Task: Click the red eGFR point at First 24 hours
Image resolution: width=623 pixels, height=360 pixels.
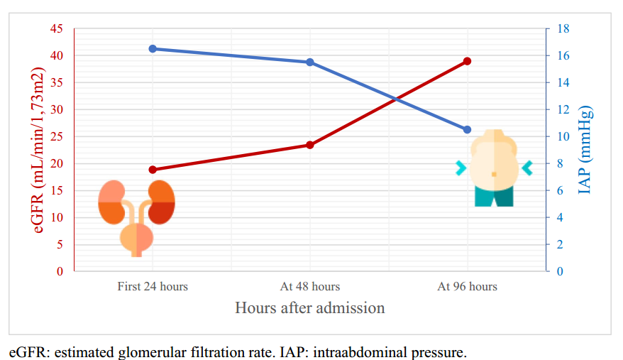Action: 153,170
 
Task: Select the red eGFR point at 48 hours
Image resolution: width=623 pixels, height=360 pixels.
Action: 310,145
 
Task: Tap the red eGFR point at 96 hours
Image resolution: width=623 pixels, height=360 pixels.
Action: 467,61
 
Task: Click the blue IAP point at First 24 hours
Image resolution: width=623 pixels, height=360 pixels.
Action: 153,49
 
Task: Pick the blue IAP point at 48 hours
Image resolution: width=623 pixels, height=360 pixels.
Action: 310,62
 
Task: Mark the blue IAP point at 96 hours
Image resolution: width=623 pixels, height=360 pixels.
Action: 467,130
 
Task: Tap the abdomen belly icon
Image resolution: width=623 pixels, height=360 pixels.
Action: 494,168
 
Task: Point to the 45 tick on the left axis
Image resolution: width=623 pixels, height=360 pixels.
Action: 56,28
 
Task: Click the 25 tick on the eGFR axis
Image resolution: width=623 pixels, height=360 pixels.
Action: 56,136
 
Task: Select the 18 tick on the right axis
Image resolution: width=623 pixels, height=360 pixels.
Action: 563,28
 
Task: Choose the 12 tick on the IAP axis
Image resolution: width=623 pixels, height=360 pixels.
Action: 563,109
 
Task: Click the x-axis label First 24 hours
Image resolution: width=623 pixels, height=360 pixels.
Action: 153,287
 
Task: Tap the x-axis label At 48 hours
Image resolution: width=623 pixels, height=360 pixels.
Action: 310,287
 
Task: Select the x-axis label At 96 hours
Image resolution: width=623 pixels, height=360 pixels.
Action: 467,287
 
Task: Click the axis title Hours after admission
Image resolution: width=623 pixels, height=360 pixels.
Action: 310,308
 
